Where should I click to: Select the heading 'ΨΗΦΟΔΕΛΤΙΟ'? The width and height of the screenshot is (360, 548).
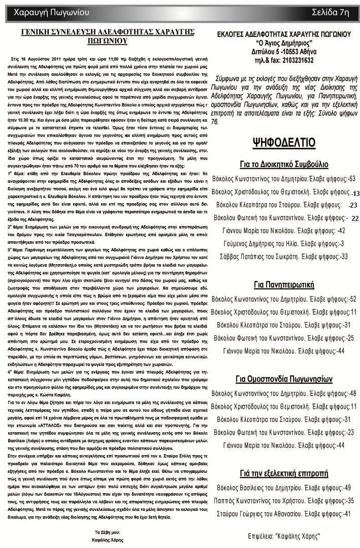[x=284, y=143]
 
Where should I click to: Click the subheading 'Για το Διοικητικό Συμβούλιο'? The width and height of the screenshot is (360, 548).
[x=284, y=165]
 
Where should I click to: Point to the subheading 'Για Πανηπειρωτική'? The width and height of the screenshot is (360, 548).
[x=284, y=284]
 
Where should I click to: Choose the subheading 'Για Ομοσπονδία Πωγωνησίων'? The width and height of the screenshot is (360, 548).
[x=284, y=379]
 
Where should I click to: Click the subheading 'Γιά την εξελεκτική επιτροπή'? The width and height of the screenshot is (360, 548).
[x=284, y=474]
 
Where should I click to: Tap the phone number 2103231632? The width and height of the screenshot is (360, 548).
[x=298, y=60]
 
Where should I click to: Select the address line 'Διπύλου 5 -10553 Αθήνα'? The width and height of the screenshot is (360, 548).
[x=284, y=52]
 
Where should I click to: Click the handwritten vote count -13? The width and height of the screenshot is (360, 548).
[x=355, y=194]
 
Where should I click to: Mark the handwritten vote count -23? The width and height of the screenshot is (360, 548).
[x=353, y=205]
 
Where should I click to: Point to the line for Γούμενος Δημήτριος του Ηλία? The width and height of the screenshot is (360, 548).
[x=284, y=244]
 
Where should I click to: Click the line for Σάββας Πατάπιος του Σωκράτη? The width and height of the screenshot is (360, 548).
[x=284, y=256]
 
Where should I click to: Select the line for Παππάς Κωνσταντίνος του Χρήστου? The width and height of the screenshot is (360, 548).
[x=284, y=500]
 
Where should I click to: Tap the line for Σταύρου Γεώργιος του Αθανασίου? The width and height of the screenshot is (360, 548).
[x=284, y=513]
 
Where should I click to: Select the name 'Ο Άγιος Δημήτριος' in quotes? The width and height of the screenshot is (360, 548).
[x=284, y=43]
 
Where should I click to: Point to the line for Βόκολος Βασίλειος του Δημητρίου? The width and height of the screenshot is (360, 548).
[x=284, y=488]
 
